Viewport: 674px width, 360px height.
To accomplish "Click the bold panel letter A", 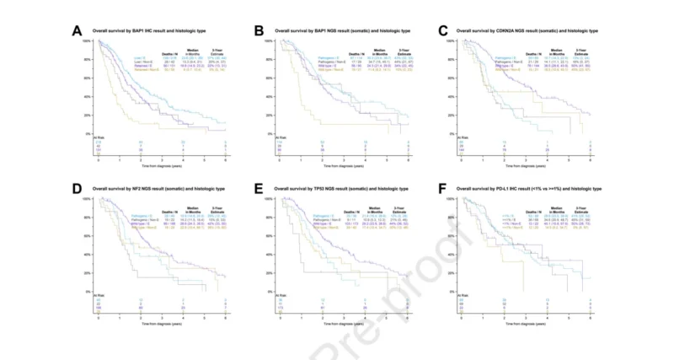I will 77,32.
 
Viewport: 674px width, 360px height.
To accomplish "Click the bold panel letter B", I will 260,32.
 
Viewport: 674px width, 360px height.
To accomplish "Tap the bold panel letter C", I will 444,32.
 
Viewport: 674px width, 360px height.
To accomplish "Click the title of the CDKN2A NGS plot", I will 522,30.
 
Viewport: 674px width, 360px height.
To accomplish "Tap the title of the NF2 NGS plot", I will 152,190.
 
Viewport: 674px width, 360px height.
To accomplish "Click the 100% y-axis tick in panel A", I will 90,40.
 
